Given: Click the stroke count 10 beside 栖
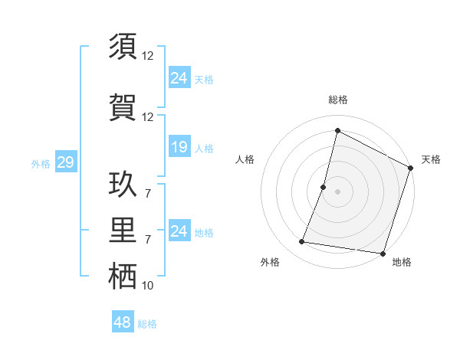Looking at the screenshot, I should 148,286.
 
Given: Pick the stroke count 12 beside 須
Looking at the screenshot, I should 148,56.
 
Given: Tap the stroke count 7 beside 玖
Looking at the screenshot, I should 148,193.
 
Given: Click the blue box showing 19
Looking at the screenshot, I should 179,147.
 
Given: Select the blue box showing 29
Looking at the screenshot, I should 65,162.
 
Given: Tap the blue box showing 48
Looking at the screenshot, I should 122,322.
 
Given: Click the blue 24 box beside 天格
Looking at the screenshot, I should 179,77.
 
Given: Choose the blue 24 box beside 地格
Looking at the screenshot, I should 179,231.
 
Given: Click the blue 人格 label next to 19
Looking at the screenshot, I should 204,148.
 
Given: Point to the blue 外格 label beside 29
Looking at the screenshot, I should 41,163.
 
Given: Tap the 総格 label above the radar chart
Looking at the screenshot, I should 337,100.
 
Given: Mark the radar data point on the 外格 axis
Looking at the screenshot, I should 302,242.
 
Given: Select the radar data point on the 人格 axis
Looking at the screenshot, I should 324,187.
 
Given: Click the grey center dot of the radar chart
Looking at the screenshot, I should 337,191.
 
